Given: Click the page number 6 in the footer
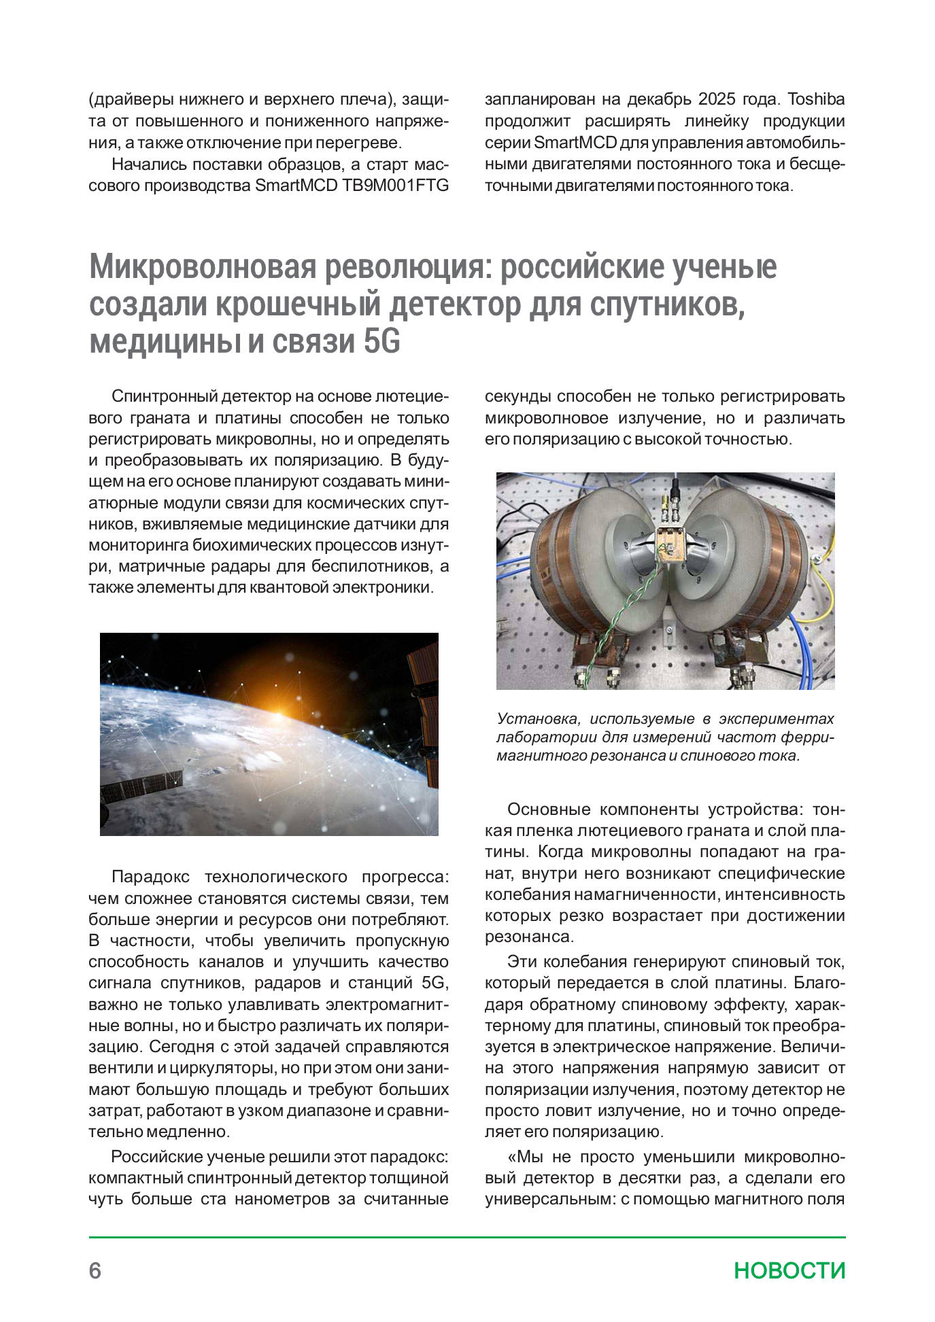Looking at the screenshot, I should click(x=95, y=1270).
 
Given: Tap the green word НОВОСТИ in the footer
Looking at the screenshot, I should click(x=789, y=1270).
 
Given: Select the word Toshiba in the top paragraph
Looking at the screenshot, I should click(x=816, y=99).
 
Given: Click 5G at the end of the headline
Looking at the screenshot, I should click(x=381, y=341).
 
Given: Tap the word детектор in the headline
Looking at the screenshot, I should click(x=455, y=305).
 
